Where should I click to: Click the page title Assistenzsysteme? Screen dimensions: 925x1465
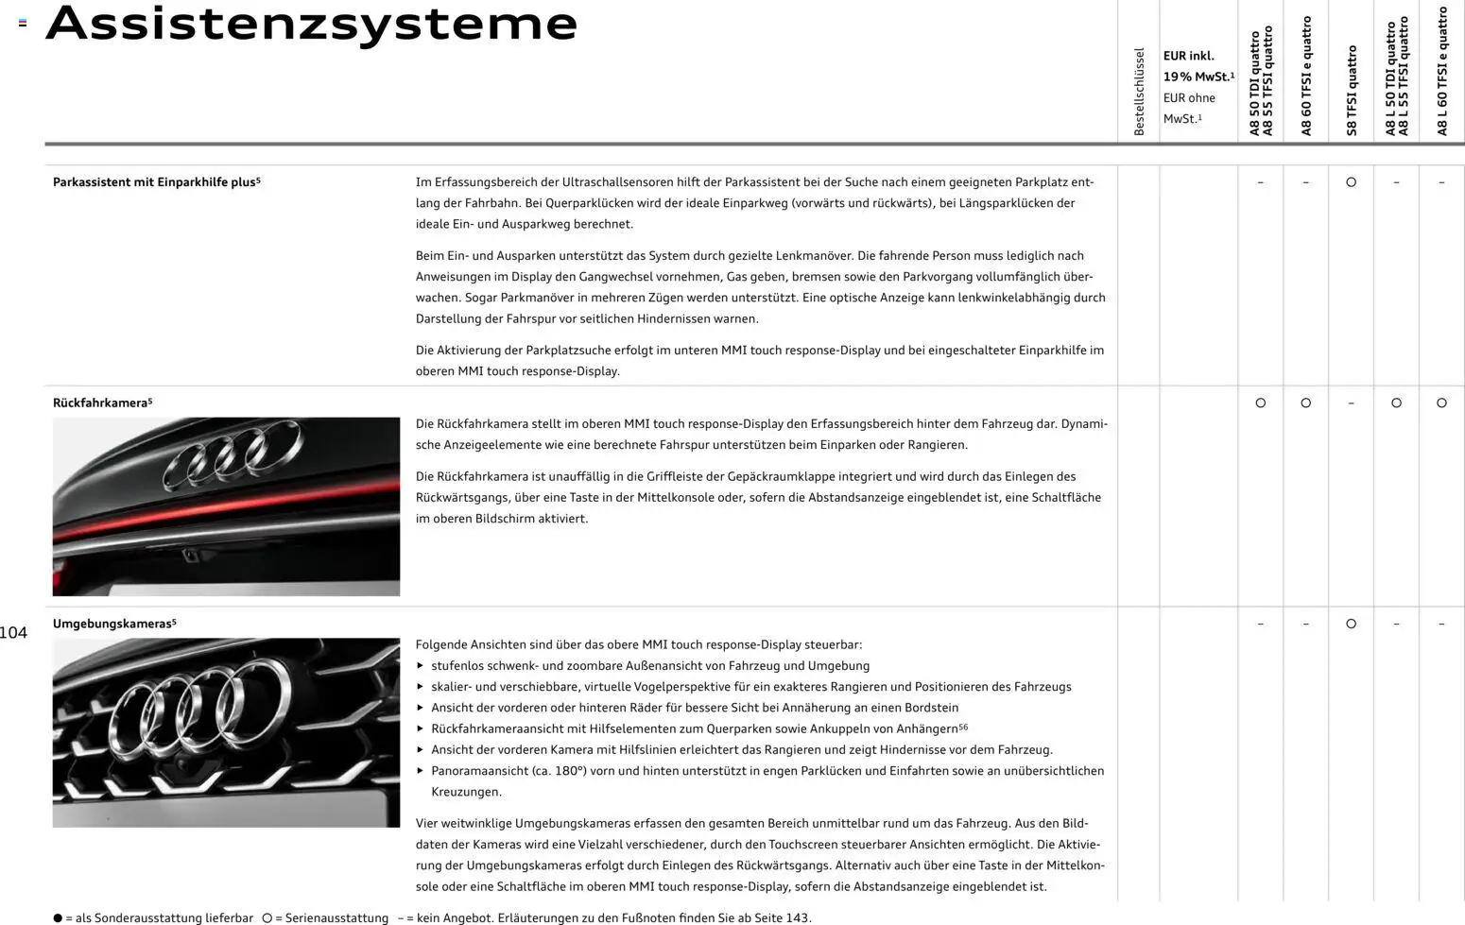[x=311, y=24]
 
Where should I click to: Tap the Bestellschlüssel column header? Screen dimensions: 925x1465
[x=1139, y=91]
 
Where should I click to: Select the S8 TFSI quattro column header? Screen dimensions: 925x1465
[x=1352, y=90]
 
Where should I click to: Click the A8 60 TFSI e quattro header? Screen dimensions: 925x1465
[x=1306, y=76]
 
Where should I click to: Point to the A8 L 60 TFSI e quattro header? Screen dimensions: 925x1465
[x=1442, y=71]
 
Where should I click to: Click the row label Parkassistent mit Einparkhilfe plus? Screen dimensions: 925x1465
[x=156, y=182]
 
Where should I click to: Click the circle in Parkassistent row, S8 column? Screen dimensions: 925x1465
[x=1351, y=182]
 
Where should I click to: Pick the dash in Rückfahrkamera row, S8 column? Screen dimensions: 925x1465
[x=1351, y=403]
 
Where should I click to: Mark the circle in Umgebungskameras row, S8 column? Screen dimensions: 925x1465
[x=1351, y=625]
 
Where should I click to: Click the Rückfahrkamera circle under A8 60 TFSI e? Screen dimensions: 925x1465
[x=1305, y=403]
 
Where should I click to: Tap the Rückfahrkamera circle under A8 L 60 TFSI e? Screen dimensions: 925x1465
[x=1441, y=403]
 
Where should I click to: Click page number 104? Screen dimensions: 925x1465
[x=13, y=633]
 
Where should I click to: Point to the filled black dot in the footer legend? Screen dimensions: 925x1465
[x=58, y=918]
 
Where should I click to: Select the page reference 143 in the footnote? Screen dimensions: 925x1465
[x=797, y=918]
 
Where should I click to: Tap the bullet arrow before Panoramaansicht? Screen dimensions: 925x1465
[x=421, y=771]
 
